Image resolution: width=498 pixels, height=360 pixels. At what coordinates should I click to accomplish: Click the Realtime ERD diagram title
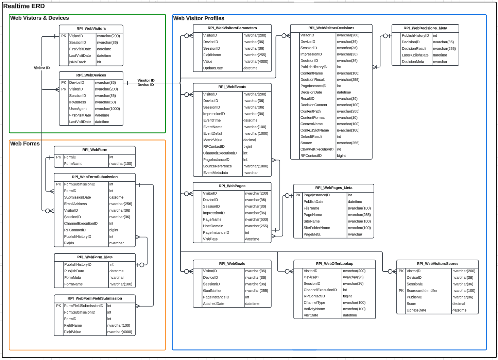tap(24, 6)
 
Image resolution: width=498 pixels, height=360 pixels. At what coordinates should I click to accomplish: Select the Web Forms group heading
tap(25, 144)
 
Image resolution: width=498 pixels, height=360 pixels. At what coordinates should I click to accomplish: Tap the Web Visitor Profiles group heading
tap(199, 18)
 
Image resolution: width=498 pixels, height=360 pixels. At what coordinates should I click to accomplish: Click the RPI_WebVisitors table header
tap(91, 29)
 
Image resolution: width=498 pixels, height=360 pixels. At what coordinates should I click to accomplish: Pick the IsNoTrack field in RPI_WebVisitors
tap(78, 62)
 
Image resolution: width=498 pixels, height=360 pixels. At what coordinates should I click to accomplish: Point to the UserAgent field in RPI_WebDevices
tap(78, 109)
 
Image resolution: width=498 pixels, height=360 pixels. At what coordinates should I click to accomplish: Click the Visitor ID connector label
tap(42, 68)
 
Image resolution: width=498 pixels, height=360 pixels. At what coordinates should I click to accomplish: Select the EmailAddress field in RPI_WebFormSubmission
tap(75, 204)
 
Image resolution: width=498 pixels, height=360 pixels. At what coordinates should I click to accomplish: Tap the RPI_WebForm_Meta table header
tap(95, 257)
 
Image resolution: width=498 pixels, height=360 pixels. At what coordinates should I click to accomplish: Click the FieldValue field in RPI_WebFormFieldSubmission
tap(73, 332)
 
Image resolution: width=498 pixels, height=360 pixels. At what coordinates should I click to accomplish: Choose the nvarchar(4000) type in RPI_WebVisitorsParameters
tap(256, 62)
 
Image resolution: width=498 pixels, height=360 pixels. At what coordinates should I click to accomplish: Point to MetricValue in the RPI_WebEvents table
tap(213, 140)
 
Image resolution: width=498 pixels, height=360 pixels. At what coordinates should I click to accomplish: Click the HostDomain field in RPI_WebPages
tap(213, 226)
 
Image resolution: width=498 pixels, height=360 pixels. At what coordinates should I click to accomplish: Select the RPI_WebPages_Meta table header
tap(333, 188)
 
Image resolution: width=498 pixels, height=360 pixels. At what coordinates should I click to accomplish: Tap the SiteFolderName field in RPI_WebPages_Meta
tap(317, 228)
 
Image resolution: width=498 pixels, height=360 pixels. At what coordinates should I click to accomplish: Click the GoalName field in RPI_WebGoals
tap(212, 291)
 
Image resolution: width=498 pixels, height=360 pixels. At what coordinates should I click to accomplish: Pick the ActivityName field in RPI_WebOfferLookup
tap(314, 309)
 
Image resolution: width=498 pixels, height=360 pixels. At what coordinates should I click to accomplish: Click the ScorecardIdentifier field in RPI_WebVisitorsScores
tap(422, 291)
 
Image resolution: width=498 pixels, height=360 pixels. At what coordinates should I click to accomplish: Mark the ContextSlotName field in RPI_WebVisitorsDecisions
tap(314, 130)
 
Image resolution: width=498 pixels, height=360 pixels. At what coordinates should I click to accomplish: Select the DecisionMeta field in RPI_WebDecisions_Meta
tap(413, 62)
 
